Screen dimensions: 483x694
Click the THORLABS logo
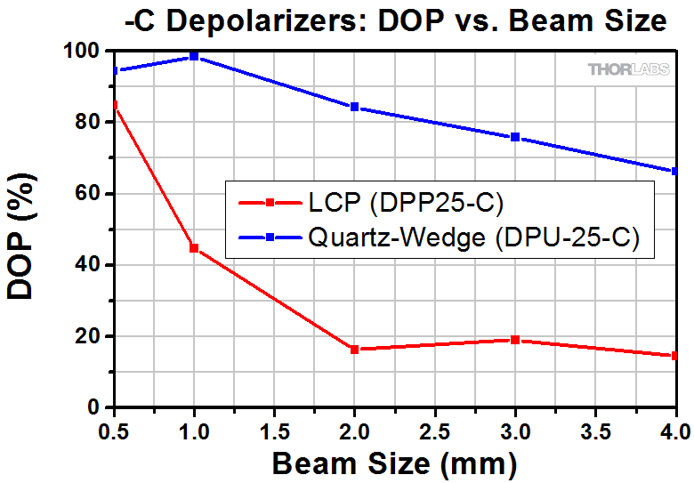click(x=626, y=68)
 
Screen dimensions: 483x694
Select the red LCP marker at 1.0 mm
click(x=194, y=248)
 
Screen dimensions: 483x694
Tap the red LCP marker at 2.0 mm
click(x=354, y=350)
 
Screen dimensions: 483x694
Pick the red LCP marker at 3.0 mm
click(x=515, y=340)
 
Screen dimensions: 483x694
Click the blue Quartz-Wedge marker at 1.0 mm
click(x=194, y=57)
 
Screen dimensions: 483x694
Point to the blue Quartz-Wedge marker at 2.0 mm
click(x=354, y=107)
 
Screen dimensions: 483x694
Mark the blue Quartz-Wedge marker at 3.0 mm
click(x=515, y=137)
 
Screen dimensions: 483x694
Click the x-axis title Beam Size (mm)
click(x=394, y=464)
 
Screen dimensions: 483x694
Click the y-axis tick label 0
click(x=99, y=407)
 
